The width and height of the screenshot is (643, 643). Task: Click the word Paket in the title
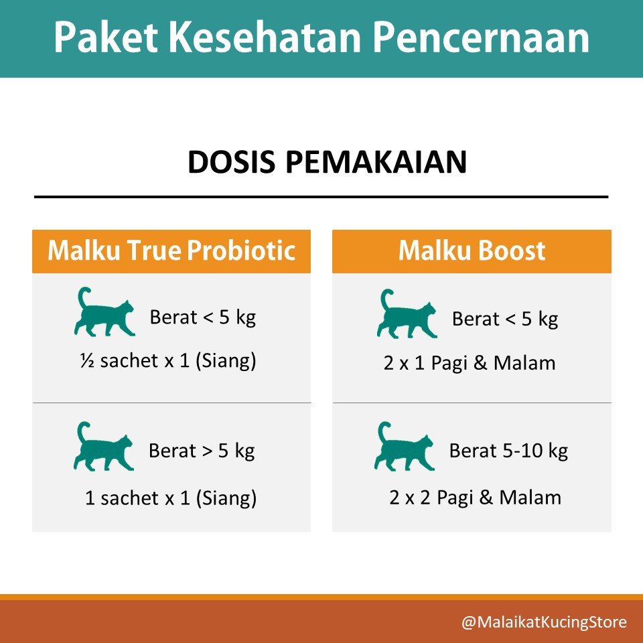click(x=106, y=38)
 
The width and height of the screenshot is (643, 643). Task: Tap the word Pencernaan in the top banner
click(x=481, y=38)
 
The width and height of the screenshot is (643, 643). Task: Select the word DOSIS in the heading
click(x=232, y=162)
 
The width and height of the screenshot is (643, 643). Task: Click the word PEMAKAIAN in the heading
click(x=376, y=162)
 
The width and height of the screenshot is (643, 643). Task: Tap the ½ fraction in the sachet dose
click(x=87, y=361)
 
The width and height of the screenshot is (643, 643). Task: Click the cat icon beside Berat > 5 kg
click(x=104, y=446)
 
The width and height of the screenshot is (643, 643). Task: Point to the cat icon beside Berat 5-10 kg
click(x=405, y=446)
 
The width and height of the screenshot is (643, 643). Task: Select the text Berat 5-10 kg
click(x=508, y=451)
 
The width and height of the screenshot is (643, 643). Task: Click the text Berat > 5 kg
click(x=202, y=451)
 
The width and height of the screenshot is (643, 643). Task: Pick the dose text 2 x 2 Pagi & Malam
click(x=476, y=498)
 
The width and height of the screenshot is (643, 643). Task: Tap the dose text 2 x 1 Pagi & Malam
click(x=470, y=363)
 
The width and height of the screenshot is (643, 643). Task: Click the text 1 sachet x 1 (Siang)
click(x=171, y=498)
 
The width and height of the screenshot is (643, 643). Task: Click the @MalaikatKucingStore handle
click(x=544, y=622)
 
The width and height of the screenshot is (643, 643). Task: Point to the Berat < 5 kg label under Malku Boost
click(x=505, y=319)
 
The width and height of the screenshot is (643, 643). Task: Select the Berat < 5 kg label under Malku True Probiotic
click(x=203, y=317)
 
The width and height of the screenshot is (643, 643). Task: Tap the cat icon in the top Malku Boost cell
click(x=407, y=313)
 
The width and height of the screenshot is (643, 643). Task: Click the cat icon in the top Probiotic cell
click(x=104, y=311)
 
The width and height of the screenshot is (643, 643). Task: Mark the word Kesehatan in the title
click(x=265, y=38)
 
